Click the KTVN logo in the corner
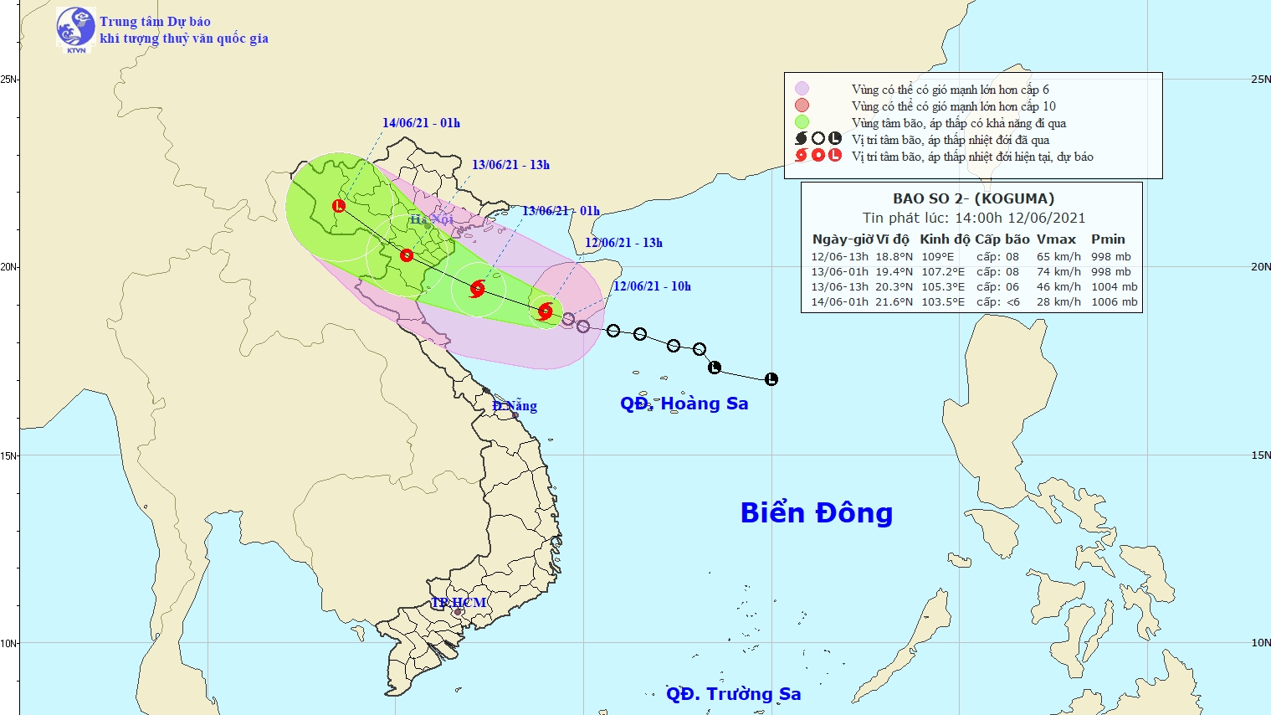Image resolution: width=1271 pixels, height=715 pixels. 75,29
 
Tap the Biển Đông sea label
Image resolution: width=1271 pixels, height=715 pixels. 816,512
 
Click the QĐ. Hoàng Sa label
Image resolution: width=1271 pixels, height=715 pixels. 684,404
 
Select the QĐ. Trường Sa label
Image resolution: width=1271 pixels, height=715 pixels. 733,694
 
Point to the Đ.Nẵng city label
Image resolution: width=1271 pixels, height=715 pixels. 515,406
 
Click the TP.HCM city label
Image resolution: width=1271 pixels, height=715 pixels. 459,603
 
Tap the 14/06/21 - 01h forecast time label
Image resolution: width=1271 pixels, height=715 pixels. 421,123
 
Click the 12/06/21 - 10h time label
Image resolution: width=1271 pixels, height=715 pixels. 652,286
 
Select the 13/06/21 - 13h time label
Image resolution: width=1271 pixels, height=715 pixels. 510,165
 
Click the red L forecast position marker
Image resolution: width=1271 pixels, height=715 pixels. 339,206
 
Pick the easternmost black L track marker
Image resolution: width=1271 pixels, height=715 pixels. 771,379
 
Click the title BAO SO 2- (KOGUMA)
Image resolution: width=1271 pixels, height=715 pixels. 973,198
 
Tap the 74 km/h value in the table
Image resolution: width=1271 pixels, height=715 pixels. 1058,272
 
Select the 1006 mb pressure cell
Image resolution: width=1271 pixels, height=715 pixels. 1114,302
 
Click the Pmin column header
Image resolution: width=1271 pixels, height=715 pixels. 1108,239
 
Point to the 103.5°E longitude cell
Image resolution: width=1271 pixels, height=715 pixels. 942,302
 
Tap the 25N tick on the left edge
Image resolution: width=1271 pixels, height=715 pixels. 8,80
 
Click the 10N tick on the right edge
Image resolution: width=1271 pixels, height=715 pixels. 1260,643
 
